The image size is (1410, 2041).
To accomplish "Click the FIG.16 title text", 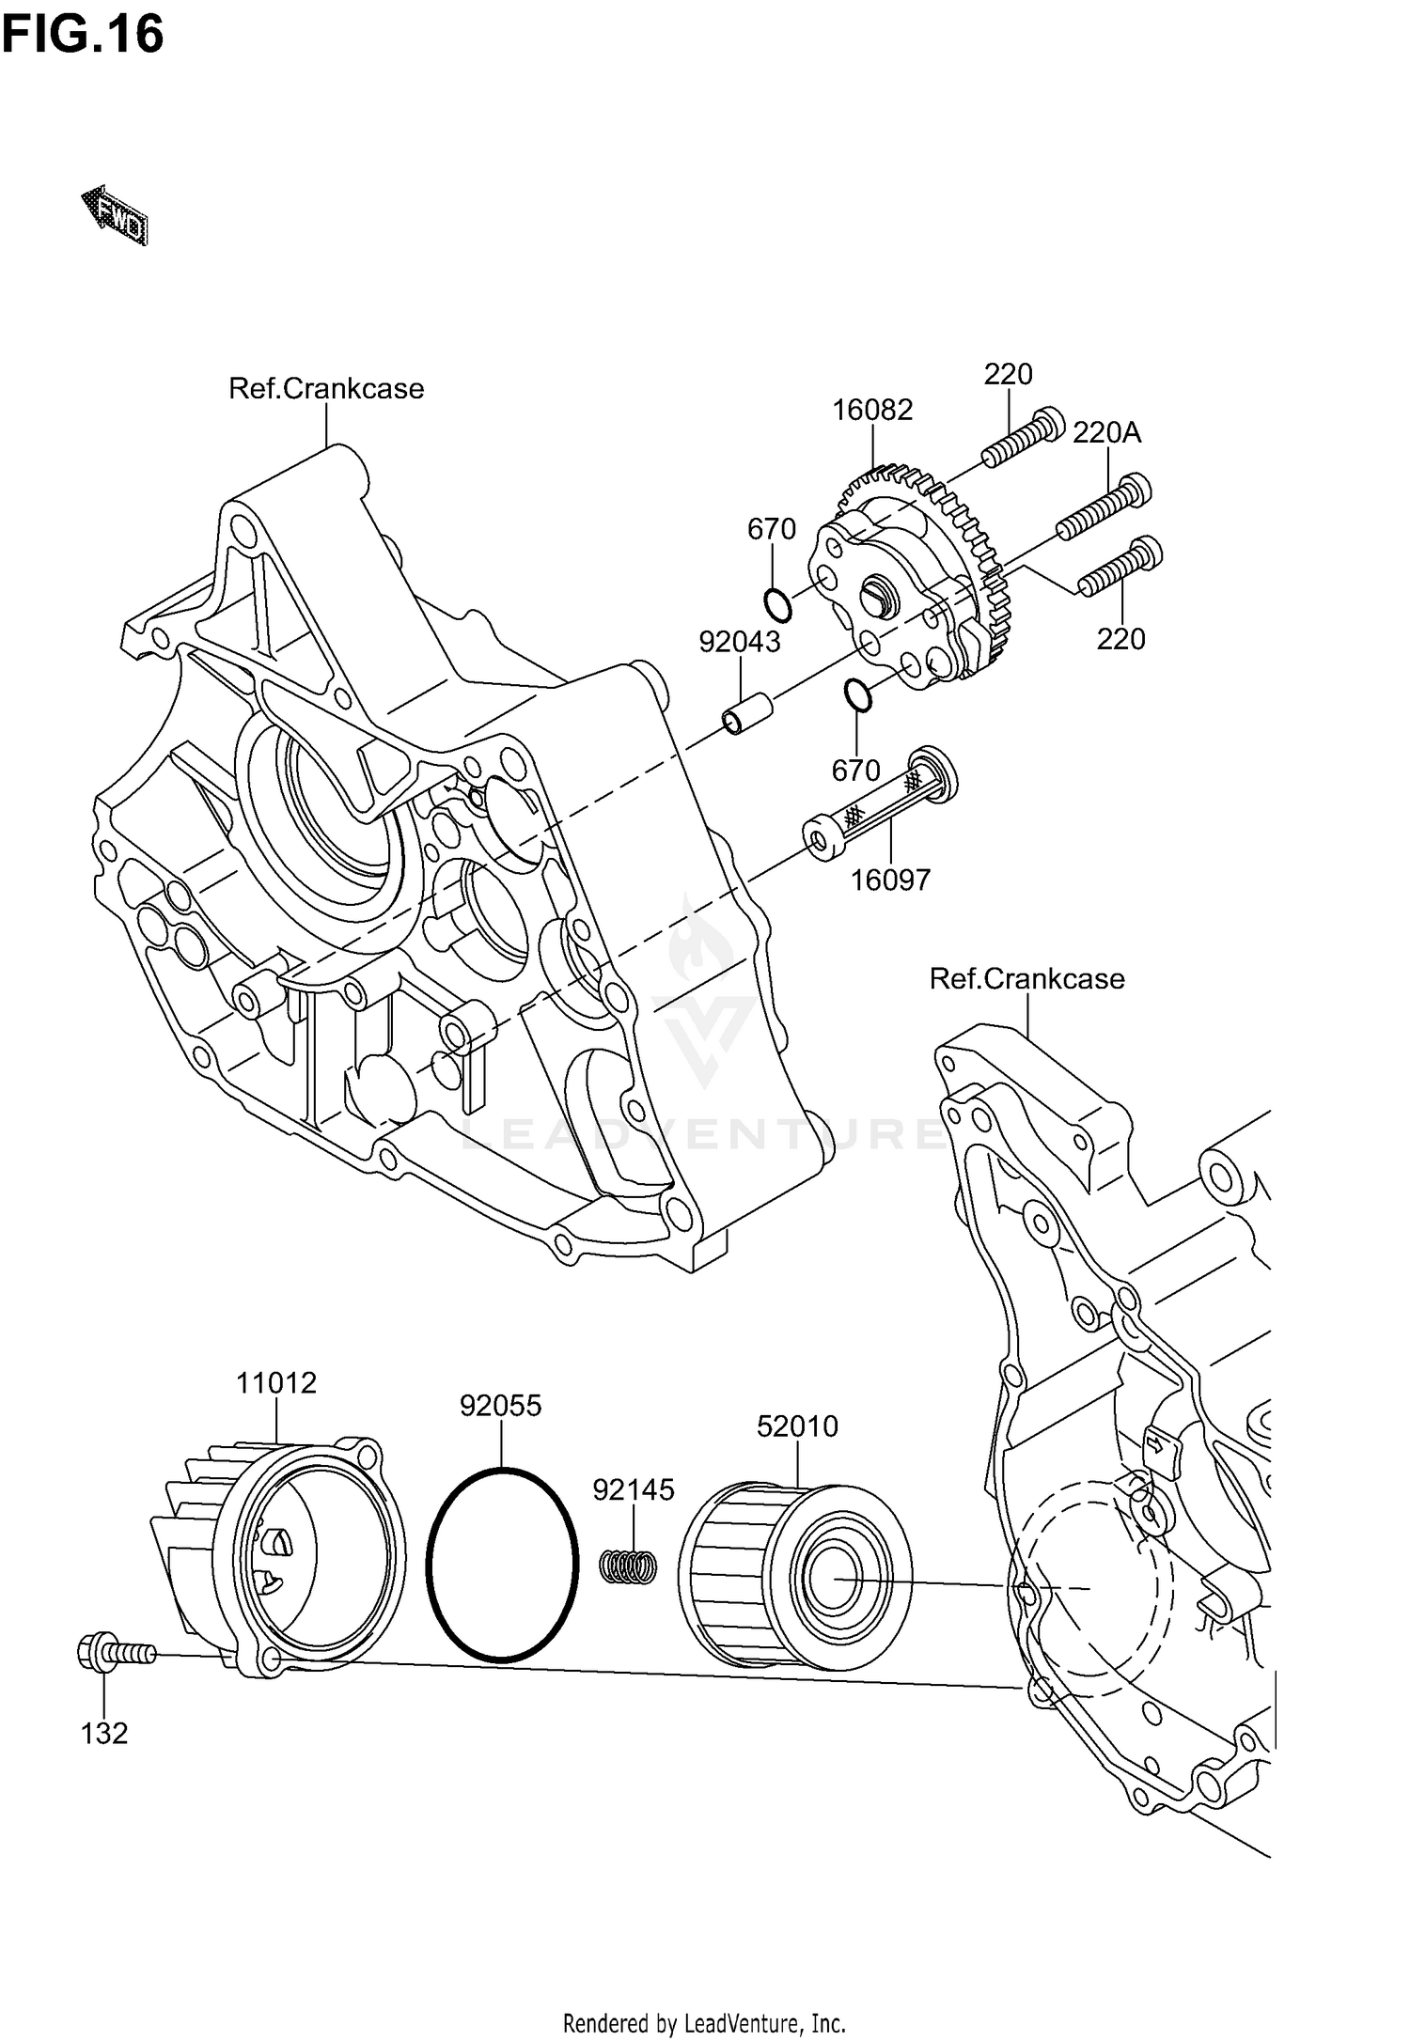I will pyautogui.click(x=83, y=36).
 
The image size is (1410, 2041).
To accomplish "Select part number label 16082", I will pyautogui.click(x=871, y=410).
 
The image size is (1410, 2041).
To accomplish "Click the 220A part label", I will pyautogui.click(x=1106, y=432).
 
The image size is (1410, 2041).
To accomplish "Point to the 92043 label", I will pyautogui.click(x=739, y=642).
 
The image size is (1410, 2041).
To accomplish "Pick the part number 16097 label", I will pyautogui.click(x=889, y=880).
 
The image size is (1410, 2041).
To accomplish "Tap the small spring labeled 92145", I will pyautogui.click(x=629, y=1566).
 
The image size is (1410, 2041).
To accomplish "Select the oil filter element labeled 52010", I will pyautogui.click(x=794, y=1574).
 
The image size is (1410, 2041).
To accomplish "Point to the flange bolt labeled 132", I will pyautogui.click(x=114, y=1652).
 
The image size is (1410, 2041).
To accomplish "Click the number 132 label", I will pyautogui.click(x=103, y=1734).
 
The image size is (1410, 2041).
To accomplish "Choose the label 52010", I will pyautogui.click(x=797, y=1426).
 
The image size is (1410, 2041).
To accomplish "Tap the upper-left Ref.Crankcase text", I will pyautogui.click(x=326, y=388).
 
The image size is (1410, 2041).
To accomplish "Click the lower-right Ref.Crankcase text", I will pyautogui.click(x=1026, y=978).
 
